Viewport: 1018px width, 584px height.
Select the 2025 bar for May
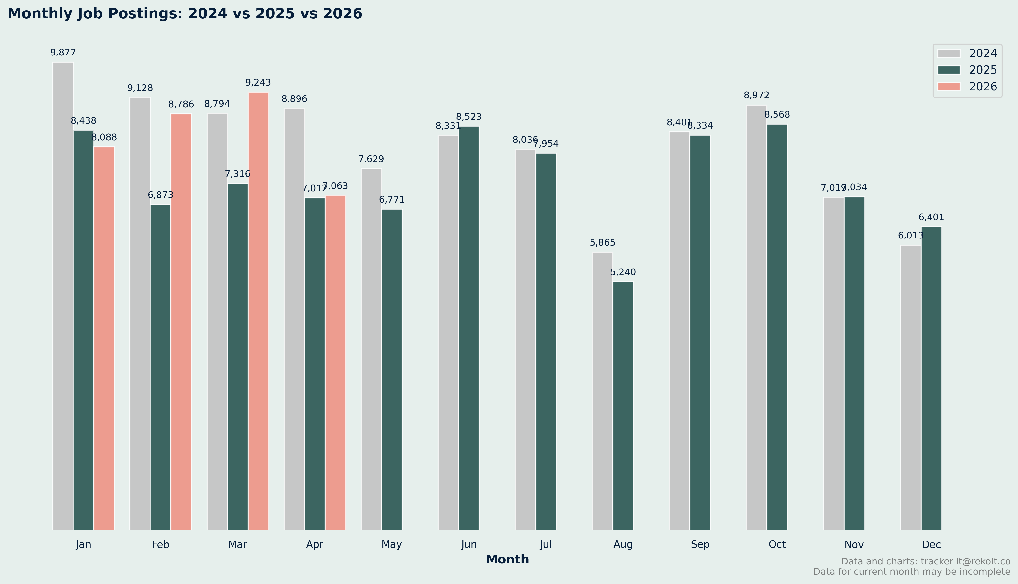[x=392, y=369]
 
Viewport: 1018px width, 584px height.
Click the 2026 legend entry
[x=967, y=87]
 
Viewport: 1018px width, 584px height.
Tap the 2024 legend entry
[x=967, y=53]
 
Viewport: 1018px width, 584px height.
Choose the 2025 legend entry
[x=967, y=70]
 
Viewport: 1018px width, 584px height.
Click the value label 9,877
[x=63, y=53]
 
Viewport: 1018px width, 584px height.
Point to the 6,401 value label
[x=931, y=217]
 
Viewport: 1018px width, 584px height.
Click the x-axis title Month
[x=507, y=560]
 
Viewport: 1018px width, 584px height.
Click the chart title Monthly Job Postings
[x=185, y=14]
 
